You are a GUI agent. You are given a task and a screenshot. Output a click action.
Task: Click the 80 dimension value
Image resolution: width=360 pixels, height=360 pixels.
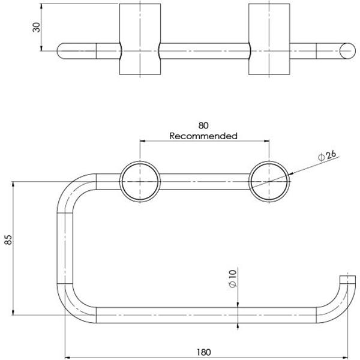click(203, 126)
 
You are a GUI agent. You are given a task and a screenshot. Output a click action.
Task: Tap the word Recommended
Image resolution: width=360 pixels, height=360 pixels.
click(203, 136)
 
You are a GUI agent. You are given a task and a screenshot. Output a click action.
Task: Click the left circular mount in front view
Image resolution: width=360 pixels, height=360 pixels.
click(140, 181)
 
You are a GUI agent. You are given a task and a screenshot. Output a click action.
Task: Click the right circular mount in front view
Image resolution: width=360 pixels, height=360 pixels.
click(269, 181)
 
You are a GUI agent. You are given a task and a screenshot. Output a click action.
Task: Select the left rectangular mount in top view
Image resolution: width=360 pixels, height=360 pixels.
click(140, 39)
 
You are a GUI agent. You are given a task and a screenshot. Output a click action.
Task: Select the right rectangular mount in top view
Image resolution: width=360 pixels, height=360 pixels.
click(269, 39)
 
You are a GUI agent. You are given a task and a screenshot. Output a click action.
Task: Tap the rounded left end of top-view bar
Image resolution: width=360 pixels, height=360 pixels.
click(62, 51)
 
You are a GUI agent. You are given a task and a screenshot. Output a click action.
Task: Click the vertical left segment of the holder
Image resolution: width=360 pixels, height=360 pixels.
click(65, 247)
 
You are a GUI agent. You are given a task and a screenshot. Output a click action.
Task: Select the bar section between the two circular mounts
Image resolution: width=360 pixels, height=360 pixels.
click(205, 181)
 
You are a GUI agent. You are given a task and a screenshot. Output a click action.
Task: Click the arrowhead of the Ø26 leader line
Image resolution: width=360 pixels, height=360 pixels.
click(290, 174)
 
